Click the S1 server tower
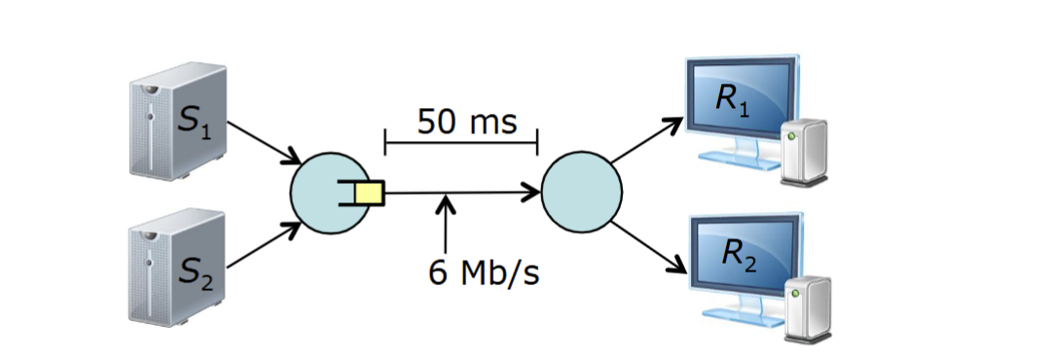point(179,122)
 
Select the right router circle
point(582,192)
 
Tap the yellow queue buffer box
point(370,194)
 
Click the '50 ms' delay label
point(466,122)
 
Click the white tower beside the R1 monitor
point(804,151)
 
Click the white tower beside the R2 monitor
point(809,305)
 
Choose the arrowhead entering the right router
point(531,193)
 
